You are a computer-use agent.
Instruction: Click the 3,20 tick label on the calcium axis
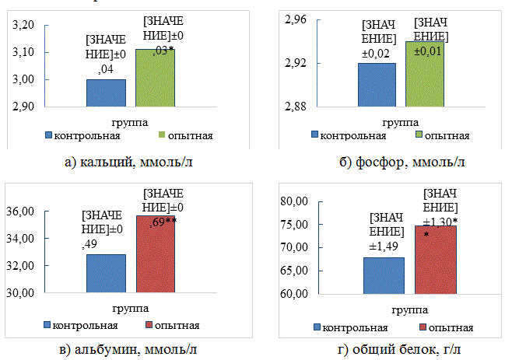click(26, 25)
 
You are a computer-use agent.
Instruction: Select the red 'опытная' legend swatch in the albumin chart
click(146, 324)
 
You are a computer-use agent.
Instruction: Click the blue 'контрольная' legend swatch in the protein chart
click(317, 327)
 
